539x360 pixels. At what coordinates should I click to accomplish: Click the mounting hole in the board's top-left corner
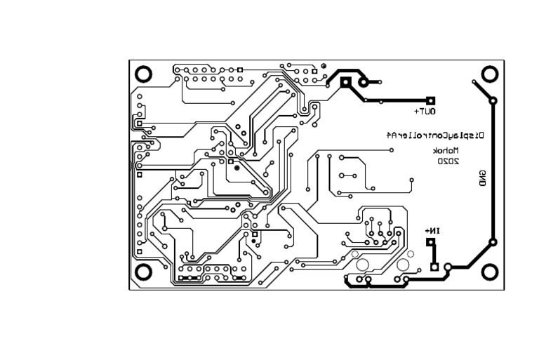[x=143, y=73]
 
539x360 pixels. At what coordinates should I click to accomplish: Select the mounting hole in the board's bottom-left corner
[x=143, y=272]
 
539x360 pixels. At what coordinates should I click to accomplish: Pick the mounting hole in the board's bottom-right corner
[x=490, y=271]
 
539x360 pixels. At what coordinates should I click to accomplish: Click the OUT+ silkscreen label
[x=425, y=111]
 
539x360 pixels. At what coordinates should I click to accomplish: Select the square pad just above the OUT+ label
[x=431, y=101]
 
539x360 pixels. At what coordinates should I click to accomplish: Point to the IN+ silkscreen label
[x=432, y=231]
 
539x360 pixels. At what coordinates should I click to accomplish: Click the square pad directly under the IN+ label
[x=431, y=244]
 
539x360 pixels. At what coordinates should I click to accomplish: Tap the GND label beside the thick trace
[x=482, y=178]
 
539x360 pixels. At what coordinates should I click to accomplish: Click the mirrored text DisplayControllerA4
[x=437, y=135]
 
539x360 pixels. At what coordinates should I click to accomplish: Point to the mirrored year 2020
[x=448, y=161]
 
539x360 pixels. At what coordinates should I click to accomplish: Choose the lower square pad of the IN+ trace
[x=434, y=267]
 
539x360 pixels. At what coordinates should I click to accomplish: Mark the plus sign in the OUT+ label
[x=417, y=111]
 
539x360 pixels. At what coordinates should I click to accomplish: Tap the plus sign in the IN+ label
[x=426, y=231]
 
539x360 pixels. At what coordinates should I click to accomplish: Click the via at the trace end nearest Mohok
[x=411, y=180]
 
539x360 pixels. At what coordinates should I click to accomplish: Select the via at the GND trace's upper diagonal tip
[x=474, y=82]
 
